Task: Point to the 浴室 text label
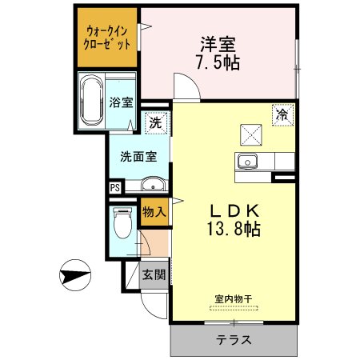point(121,102)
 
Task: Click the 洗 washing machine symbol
point(157,123)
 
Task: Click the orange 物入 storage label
point(154,212)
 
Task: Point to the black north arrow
point(77,276)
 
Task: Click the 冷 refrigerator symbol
point(281,114)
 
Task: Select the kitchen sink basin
point(246,162)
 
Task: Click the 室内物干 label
point(233,298)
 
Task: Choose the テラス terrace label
point(233,340)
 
